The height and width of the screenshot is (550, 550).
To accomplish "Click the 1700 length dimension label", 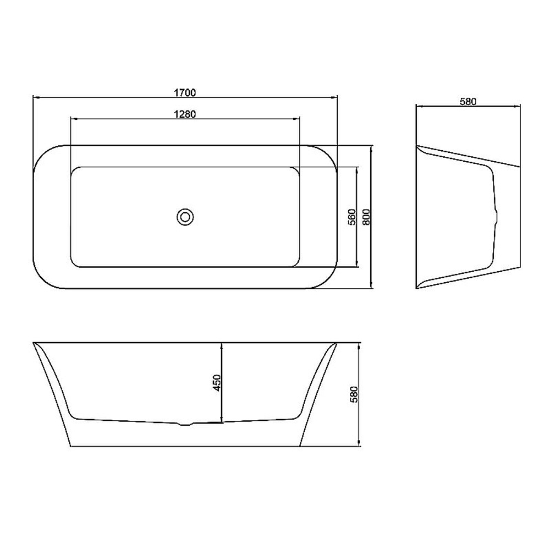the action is [x=185, y=93].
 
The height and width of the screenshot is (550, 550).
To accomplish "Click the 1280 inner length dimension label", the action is [x=185, y=114].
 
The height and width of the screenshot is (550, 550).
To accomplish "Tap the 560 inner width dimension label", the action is [x=352, y=217].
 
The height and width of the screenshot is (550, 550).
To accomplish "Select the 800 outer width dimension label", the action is [x=366, y=217].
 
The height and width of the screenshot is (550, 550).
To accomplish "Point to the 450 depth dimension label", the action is [x=217, y=383].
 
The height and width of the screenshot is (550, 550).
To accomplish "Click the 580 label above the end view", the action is [x=468, y=102].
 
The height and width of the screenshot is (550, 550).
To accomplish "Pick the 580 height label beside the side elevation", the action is [x=354, y=394].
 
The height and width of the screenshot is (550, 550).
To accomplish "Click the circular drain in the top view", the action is [x=185, y=217].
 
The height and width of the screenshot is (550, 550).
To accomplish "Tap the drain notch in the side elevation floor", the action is [x=185, y=424].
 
